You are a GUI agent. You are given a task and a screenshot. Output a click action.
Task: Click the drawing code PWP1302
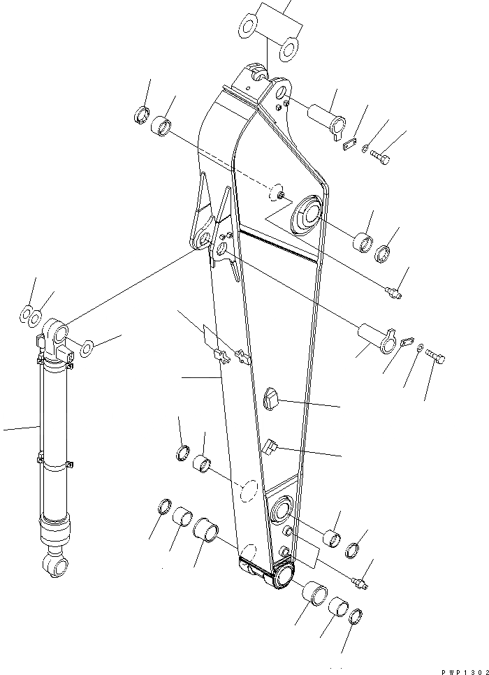(x=463, y=669)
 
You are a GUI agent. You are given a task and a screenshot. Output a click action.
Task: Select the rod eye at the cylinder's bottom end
(x=54, y=563)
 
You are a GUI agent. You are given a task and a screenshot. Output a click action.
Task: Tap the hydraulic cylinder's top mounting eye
(x=57, y=329)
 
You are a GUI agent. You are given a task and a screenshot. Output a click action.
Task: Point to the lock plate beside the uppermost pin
(x=349, y=143)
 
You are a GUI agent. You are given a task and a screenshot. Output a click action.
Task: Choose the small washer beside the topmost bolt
(x=366, y=147)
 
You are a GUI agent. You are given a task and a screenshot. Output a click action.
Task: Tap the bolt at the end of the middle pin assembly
(x=437, y=358)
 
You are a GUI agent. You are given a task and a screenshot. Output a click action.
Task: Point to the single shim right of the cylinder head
(x=88, y=347)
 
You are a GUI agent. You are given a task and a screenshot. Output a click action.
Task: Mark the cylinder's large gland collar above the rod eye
(x=55, y=531)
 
